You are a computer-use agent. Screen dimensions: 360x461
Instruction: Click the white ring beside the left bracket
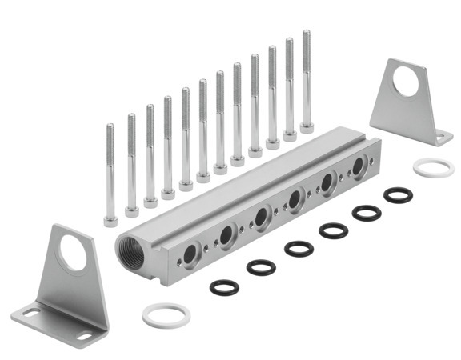click(x=166, y=314)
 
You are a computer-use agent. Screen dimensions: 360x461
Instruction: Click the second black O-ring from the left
click(x=260, y=266)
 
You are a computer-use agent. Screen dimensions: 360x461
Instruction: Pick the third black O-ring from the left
click(x=299, y=247)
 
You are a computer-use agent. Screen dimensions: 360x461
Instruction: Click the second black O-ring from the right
click(x=367, y=212)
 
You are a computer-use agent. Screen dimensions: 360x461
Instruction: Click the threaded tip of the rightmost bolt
click(x=306, y=34)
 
